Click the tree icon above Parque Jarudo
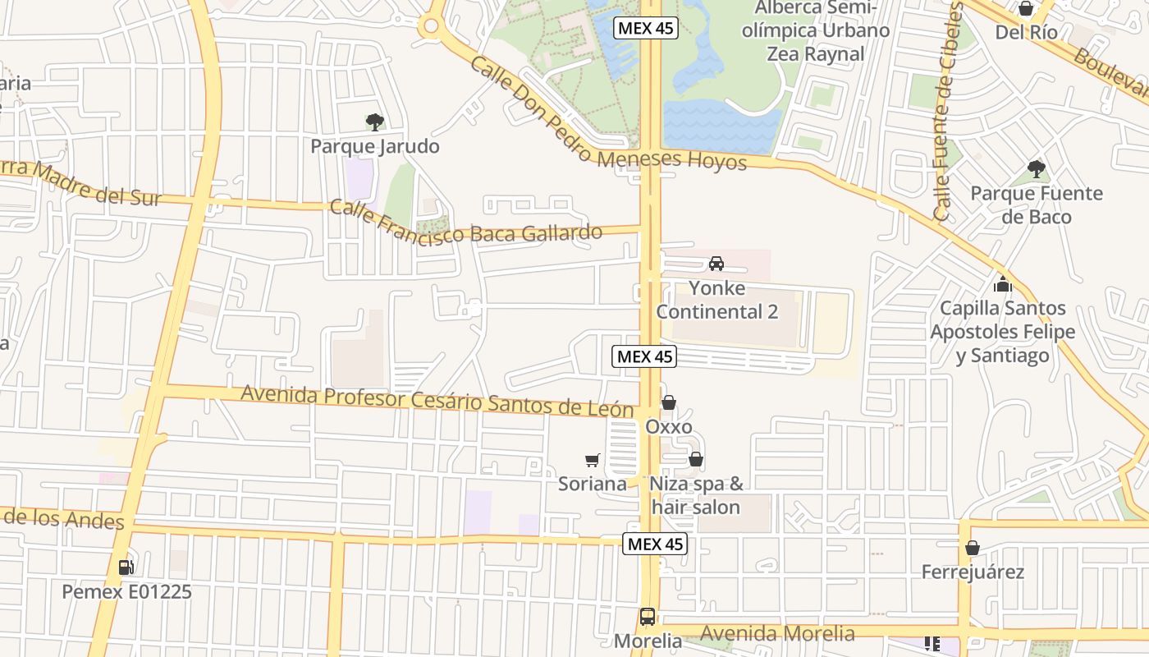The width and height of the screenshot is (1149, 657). click(x=374, y=122)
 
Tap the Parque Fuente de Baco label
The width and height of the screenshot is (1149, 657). click(x=1037, y=205)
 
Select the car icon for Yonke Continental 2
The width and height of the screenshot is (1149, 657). click(x=716, y=264)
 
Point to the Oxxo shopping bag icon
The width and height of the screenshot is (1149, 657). click(x=669, y=402)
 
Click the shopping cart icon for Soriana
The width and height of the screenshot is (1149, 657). click(x=593, y=461)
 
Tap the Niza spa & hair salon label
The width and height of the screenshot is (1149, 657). click(x=696, y=495)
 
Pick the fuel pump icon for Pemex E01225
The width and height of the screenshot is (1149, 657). click(x=126, y=567)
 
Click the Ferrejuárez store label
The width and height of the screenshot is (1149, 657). click(x=973, y=572)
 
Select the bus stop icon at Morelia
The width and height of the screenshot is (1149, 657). click(x=648, y=617)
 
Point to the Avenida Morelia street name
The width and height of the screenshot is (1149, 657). click(x=777, y=633)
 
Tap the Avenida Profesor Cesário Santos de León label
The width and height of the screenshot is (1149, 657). click(x=437, y=402)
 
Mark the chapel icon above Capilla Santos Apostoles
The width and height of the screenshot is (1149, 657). click(x=1002, y=285)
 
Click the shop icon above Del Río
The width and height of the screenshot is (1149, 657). click(x=1026, y=9)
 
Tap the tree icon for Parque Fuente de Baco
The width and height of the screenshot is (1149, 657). click(x=1037, y=169)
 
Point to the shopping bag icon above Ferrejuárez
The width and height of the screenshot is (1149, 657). click(x=973, y=547)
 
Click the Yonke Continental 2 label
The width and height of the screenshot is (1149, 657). click(x=716, y=300)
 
